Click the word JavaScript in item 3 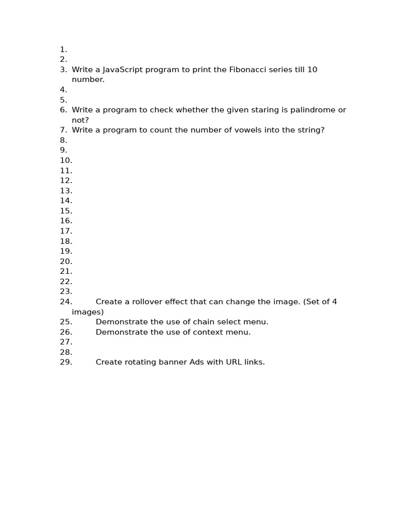click(x=122, y=70)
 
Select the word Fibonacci click(x=247, y=70)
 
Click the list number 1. click(x=63, y=49)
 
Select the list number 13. click(x=66, y=191)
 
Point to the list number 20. click(x=66, y=261)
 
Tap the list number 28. click(x=66, y=352)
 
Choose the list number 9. click(x=63, y=150)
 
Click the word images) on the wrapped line click(x=88, y=312)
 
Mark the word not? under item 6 click(x=80, y=120)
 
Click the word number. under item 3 click(x=88, y=79)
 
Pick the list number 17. click(x=66, y=231)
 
